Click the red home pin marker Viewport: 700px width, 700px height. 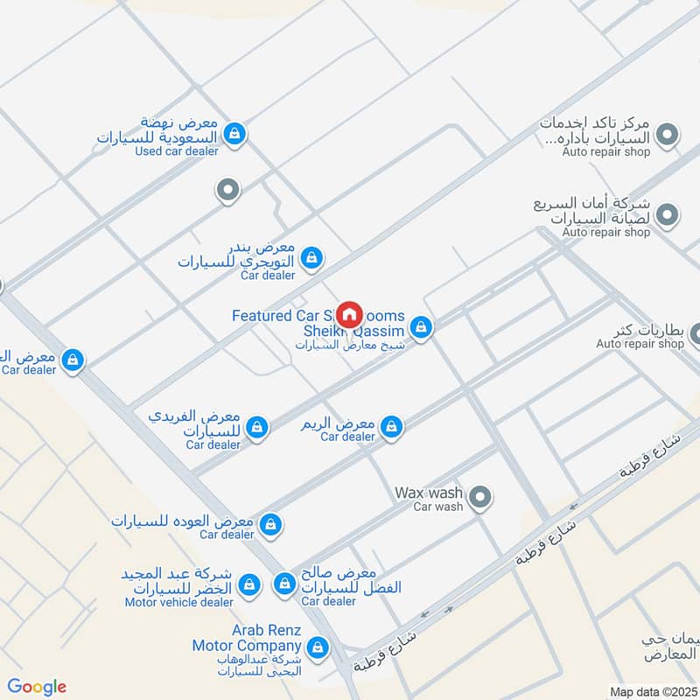tap(349, 313)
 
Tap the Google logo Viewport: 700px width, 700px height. tap(37, 687)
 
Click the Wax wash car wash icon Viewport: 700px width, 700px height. tap(479, 499)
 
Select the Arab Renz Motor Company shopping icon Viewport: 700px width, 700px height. tap(319, 647)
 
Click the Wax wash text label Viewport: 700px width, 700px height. tap(428, 493)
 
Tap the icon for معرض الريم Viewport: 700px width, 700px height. tap(391, 425)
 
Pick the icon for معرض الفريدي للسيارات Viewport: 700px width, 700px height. tap(256, 426)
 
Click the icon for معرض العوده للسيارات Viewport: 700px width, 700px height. tap(271, 523)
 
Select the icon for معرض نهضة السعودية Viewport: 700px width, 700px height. tap(234, 134)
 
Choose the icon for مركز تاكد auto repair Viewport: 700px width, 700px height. tap(668, 135)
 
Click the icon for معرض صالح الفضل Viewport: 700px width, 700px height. tap(284, 583)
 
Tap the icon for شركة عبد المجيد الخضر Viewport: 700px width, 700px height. tap(250, 583)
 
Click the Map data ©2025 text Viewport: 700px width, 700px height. tap(652, 691)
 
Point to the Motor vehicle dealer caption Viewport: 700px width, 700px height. tap(178, 602)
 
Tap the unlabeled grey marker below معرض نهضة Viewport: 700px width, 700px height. tap(227, 189)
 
